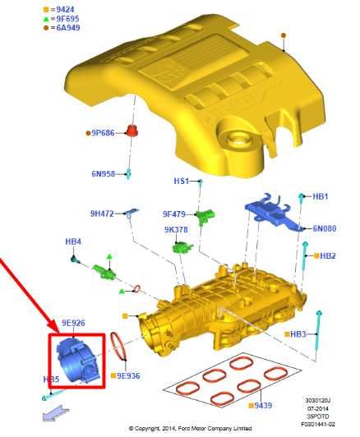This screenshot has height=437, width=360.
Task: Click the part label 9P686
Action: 102,132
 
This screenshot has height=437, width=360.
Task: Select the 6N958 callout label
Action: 103,173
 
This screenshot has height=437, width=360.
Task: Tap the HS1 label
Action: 181,181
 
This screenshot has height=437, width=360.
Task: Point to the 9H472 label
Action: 103,214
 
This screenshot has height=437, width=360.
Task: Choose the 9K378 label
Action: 176,230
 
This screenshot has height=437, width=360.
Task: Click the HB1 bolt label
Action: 320,197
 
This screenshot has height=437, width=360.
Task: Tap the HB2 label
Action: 327,256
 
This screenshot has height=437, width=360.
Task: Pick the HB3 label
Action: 297,334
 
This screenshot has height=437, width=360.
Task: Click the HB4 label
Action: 73,241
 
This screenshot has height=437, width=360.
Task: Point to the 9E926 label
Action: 73,324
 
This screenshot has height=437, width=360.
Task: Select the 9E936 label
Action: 129,375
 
